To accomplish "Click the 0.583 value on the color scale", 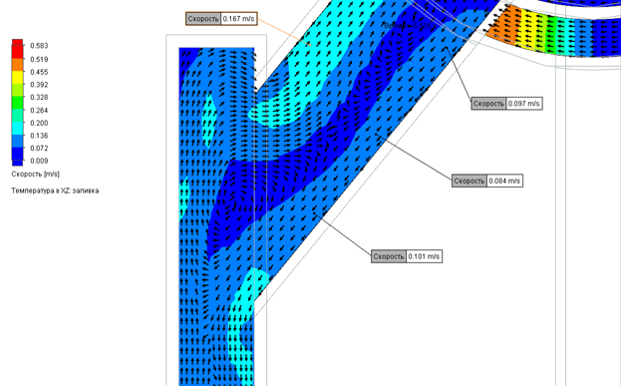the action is (x=39, y=46).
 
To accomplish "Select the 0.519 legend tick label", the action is (x=39, y=60).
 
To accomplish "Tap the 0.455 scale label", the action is (x=39, y=72).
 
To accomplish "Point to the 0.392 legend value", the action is (x=39, y=85).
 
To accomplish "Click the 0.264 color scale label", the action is (x=39, y=110).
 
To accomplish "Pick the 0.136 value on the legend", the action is (x=39, y=136).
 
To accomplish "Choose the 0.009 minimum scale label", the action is (x=39, y=161).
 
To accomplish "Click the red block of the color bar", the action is (x=17, y=49).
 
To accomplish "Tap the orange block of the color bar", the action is (x=17, y=65).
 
